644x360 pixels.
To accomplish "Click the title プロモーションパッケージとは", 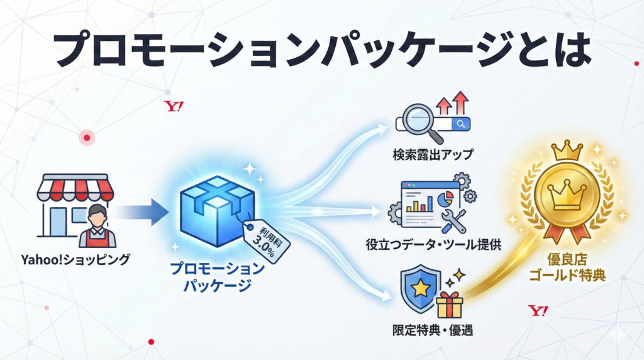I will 322,49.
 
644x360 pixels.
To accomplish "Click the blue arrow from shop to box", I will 141,212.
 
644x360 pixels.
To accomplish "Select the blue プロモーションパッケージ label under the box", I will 218,277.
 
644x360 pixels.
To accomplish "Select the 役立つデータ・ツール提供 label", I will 433,245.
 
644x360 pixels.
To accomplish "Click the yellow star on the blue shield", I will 420,288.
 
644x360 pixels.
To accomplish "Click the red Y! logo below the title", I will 173,106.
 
